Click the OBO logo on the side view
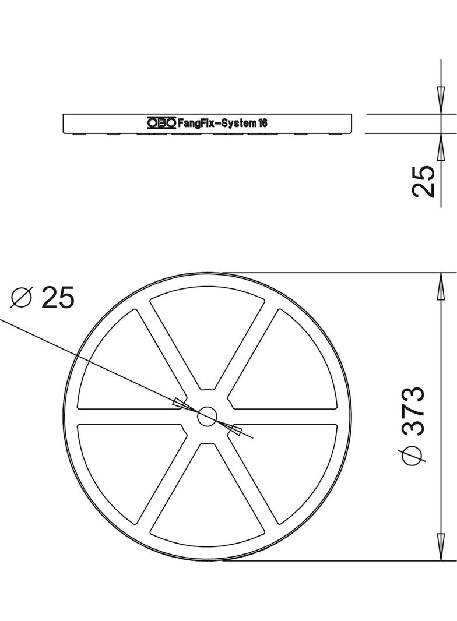coord(161,123)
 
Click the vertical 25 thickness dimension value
coord(424,181)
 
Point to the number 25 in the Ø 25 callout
coord(58,298)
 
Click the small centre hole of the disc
coord(208,416)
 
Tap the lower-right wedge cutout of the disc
coord(289,466)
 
